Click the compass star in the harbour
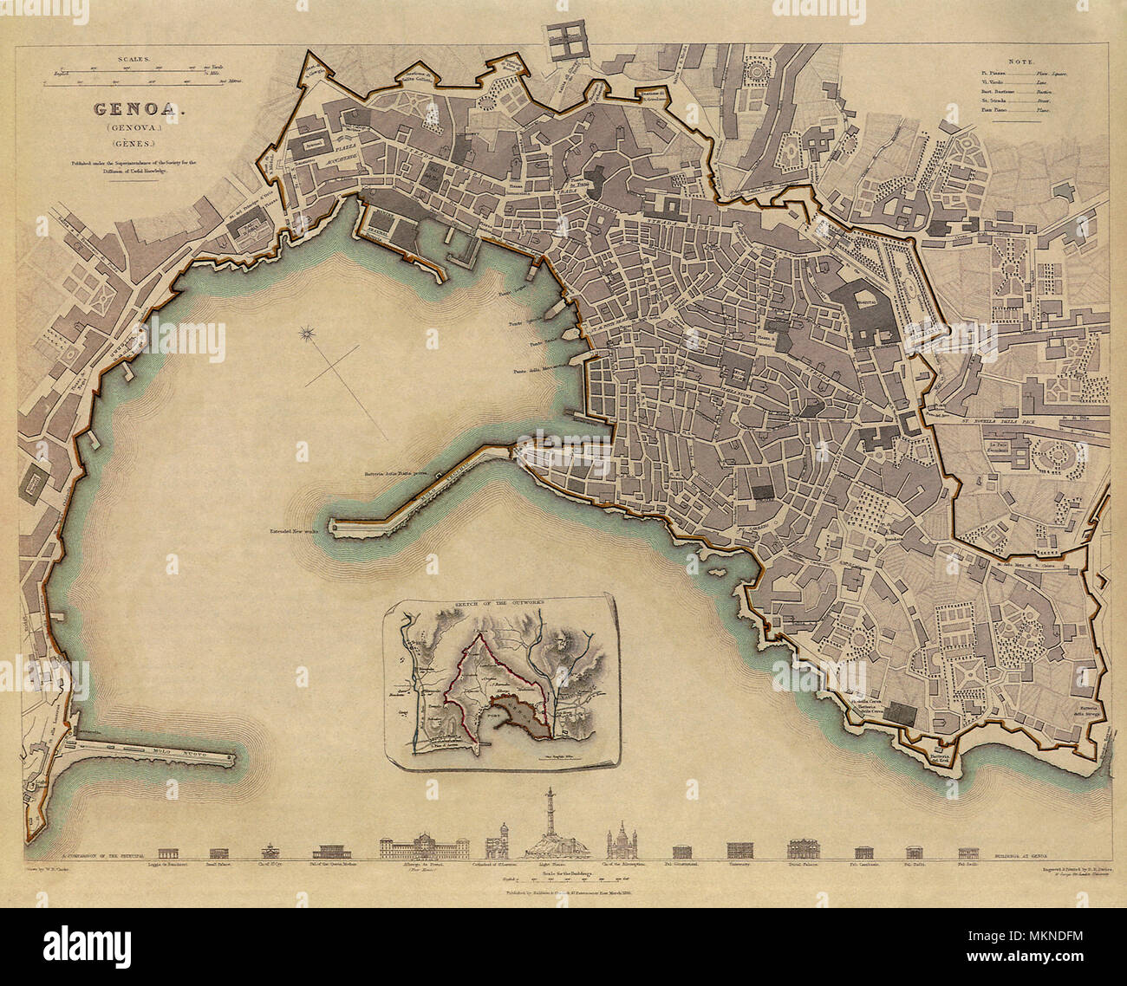[x=307, y=332]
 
